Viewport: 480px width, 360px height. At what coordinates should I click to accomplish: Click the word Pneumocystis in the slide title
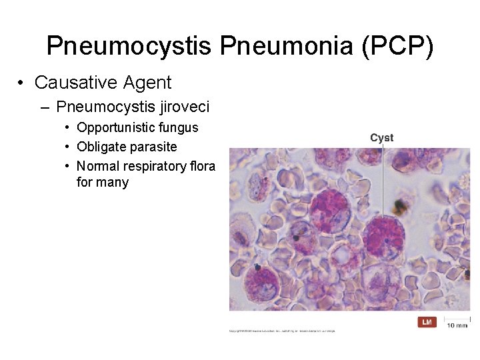pyautogui.click(x=129, y=47)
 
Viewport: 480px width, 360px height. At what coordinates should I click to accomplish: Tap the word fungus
pyautogui.click(x=180, y=127)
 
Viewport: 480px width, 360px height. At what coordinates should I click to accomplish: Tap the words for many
pyautogui.click(x=103, y=182)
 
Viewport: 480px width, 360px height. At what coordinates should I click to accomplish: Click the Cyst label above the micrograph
pyautogui.click(x=382, y=138)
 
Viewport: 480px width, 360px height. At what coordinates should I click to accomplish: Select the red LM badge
pyautogui.click(x=427, y=323)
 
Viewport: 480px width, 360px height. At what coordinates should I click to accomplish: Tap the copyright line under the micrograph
pyautogui.click(x=282, y=331)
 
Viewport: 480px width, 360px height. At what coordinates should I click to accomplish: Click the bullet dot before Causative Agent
pyautogui.click(x=22, y=83)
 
